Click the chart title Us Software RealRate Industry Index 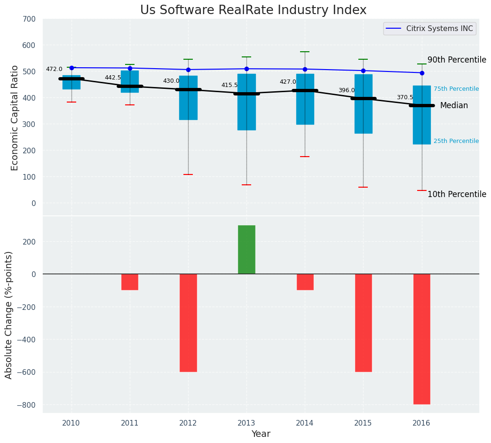(253, 10)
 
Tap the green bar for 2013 (246, 250)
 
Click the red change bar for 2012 (188, 323)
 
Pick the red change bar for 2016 (422, 339)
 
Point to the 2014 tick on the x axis (305, 423)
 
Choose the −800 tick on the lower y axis (26, 405)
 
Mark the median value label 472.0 (54, 69)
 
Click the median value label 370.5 (405, 97)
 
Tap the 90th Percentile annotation (457, 60)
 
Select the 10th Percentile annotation (457, 194)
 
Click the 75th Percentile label (456, 89)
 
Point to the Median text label (454, 106)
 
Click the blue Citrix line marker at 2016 (422, 73)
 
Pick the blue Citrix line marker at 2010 (71, 68)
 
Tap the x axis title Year (261, 434)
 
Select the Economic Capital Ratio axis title (15, 118)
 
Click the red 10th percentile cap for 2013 (246, 185)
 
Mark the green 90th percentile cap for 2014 (305, 52)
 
